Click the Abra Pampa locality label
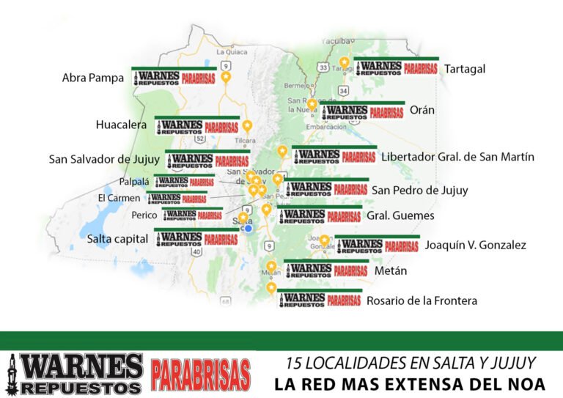[x=93, y=78]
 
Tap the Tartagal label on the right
[x=465, y=68]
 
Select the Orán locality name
[x=422, y=111]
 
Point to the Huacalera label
[x=121, y=125]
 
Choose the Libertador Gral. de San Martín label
[x=457, y=157]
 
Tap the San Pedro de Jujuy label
[x=419, y=190]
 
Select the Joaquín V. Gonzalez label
[x=475, y=245]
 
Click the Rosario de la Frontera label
[x=422, y=301]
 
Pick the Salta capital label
[x=117, y=238]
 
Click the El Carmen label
[x=119, y=198]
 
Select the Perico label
[x=144, y=215]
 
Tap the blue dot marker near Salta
[x=249, y=228]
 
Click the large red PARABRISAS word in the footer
[x=200, y=373]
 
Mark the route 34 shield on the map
[x=344, y=90]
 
